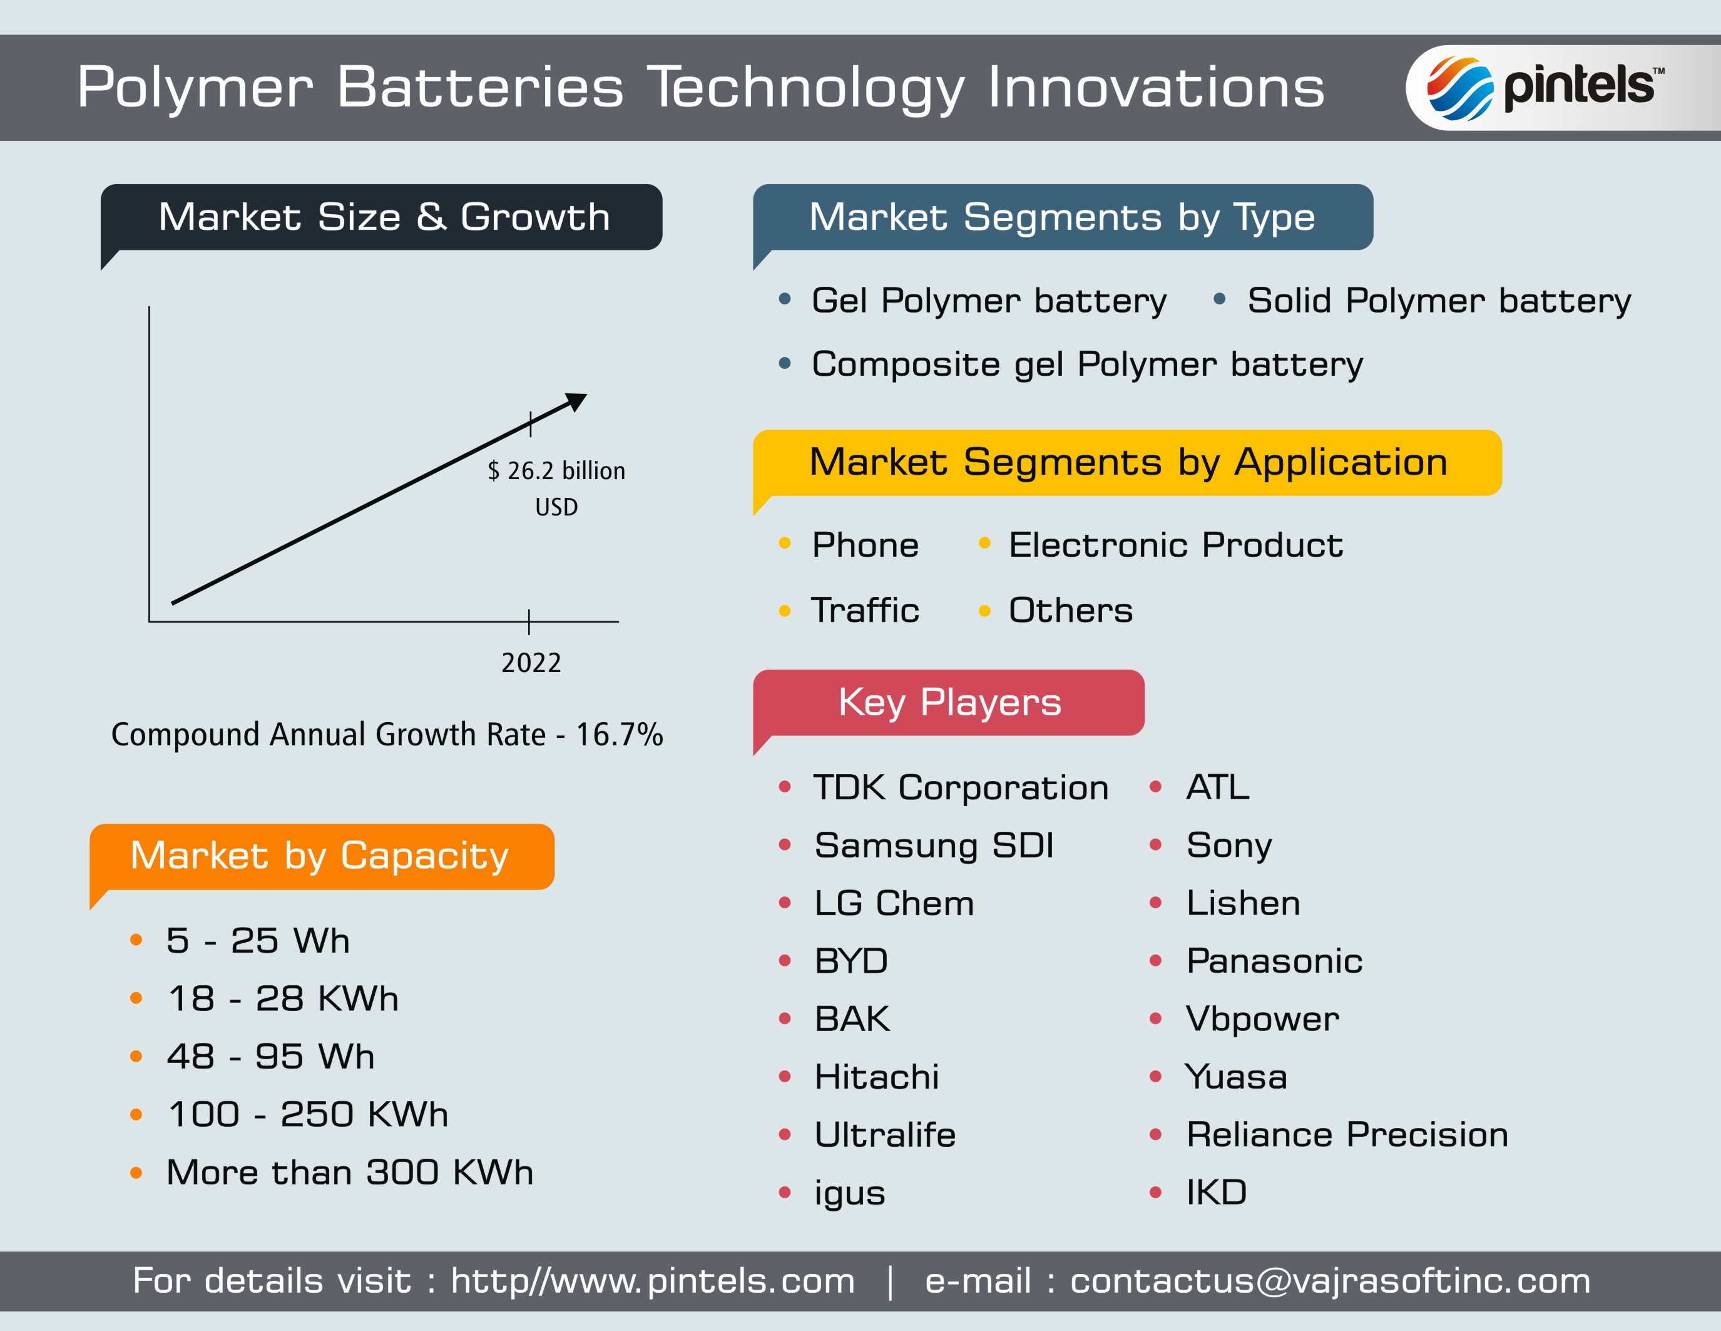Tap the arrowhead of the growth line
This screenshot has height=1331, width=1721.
point(578,401)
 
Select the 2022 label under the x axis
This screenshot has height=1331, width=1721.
point(531,662)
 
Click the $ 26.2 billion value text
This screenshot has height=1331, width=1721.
point(556,471)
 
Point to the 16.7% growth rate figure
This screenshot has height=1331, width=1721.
point(620,734)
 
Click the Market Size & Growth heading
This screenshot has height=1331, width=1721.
point(384,217)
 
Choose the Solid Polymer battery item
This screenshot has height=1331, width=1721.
point(1439,301)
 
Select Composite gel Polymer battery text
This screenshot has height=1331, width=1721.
point(1088,365)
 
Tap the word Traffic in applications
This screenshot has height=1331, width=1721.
point(866,610)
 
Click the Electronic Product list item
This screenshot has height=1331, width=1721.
point(1176,545)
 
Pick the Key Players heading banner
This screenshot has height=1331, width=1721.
point(949,703)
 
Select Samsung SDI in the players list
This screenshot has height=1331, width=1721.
point(934,846)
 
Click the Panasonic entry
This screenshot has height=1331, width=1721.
point(1274,960)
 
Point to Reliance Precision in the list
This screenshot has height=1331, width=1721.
point(1347,1135)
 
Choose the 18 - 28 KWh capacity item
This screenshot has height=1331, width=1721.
point(283,998)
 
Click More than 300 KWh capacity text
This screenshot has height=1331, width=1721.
point(350,1173)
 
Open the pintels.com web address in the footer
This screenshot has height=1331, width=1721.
point(653,1280)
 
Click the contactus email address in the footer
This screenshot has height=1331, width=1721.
point(1330,1280)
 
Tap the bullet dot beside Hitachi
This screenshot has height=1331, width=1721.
point(784,1076)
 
